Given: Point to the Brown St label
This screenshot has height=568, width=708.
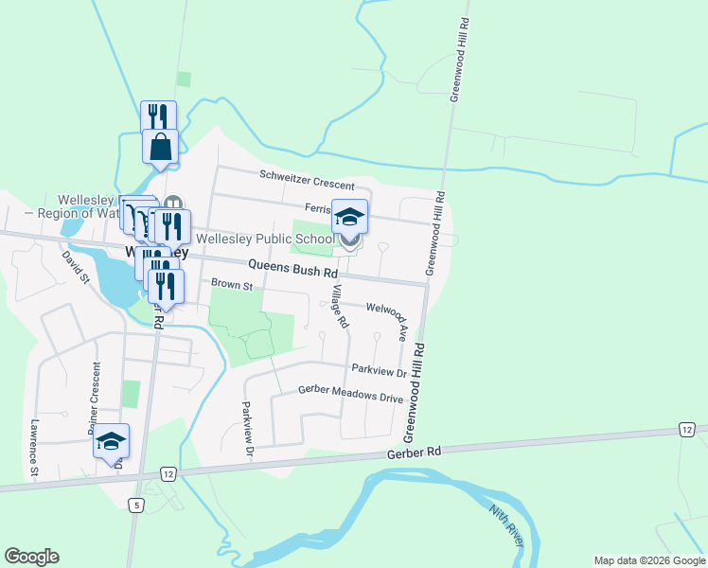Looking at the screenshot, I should coord(232,284).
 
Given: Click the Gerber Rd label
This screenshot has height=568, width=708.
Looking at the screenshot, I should coord(415,453).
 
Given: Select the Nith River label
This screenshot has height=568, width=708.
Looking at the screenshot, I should coord(505,524).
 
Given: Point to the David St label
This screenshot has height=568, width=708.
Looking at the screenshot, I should coord(76,268).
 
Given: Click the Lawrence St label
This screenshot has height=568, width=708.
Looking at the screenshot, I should coord(33,447).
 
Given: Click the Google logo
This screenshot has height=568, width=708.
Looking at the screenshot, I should coord(31,557).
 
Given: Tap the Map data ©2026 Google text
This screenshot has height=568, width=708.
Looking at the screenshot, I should coord(648,560).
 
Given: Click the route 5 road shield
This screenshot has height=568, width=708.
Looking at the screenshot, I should coord(137,506).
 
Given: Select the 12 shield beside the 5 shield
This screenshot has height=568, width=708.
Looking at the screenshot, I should coord(167,473).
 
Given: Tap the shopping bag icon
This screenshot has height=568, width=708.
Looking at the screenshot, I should coord(161,147).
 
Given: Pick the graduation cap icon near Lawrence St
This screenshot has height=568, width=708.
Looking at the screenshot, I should coord(111,440).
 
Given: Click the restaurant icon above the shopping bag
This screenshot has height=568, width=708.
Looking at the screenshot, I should coord(158,115).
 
